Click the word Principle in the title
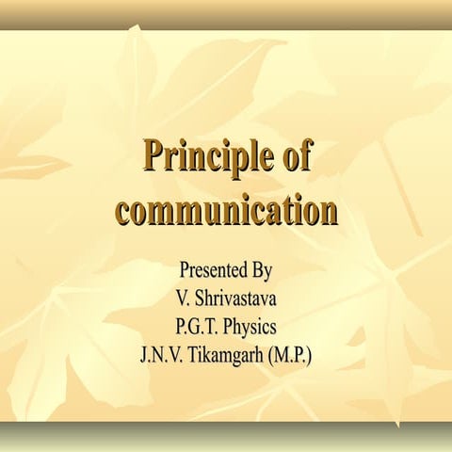tap(202, 157)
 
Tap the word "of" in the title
tap(295, 157)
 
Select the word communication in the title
tap(226, 208)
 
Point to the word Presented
tap(211, 271)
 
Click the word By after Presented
tap(262, 272)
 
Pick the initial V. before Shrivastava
tap(182, 299)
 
